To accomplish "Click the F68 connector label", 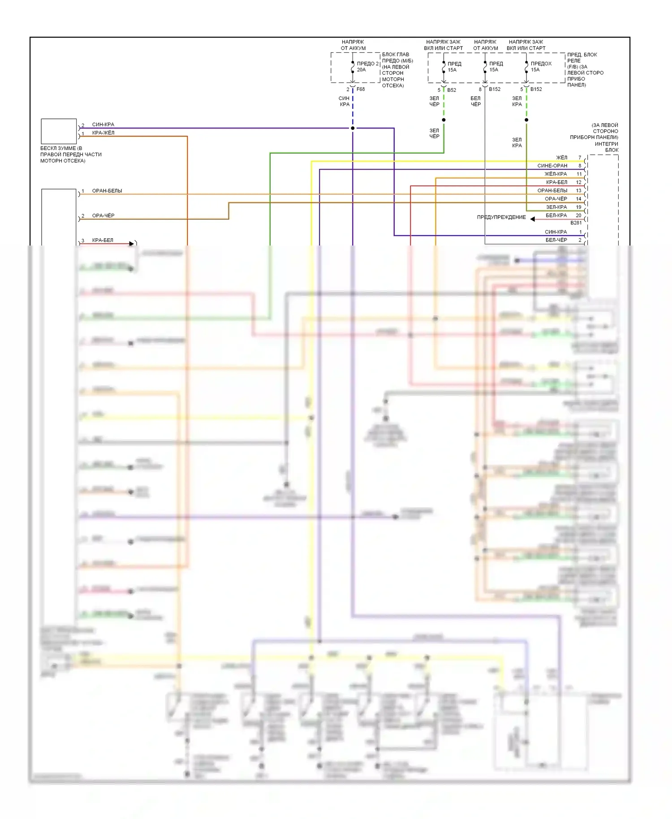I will (x=361, y=89).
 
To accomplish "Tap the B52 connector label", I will (x=452, y=90).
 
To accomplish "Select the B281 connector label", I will (x=576, y=223).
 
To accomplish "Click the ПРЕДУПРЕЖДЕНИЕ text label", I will (x=501, y=217).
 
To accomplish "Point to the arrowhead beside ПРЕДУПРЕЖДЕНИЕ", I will (x=533, y=219).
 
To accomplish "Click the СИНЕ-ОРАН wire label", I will (x=552, y=166).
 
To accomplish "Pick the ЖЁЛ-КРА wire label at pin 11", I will (x=556, y=174).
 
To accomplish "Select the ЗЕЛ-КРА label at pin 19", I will (x=556, y=207).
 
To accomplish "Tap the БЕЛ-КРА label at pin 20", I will (x=556, y=216).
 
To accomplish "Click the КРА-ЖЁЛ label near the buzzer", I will (x=103, y=133).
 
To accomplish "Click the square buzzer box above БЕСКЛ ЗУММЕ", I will (x=59, y=131).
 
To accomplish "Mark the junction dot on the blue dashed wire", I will (x=353, y=128).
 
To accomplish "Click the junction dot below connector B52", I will (x=444, y=120).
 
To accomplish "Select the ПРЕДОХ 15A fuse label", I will (x=541, y=66).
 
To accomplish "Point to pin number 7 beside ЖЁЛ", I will (x=580, y=158).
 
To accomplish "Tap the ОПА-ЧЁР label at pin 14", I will (x=556, y=199).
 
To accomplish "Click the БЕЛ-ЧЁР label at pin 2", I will (x=556, y=240).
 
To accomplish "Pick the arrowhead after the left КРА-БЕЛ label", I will (x=132, y=244).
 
